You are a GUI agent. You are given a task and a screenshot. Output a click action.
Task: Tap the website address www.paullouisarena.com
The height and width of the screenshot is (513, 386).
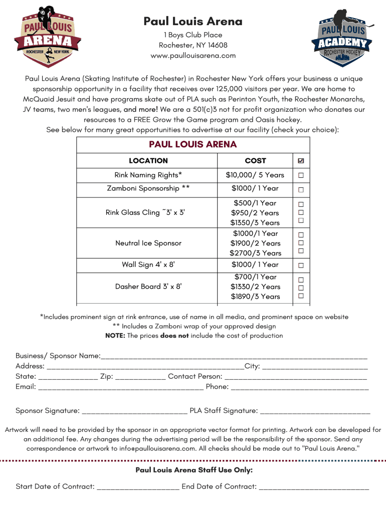click(x=193, y=56)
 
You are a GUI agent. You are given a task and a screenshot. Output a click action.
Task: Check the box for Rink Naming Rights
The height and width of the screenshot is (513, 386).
click(x=301, y=175)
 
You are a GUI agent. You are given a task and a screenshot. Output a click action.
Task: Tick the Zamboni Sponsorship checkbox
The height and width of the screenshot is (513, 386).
click(x=301, y=189)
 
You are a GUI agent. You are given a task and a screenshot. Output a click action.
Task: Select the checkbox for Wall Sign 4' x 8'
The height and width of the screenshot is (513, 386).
click(x=301, y=265)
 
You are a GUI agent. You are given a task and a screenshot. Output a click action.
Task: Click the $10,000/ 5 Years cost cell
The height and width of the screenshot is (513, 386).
click(x=255, y=175)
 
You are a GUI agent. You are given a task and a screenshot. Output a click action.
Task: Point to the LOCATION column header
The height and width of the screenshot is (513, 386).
click(x=148, y=161)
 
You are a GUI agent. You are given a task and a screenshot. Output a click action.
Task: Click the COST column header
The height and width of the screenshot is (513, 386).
click(x=255, y=161)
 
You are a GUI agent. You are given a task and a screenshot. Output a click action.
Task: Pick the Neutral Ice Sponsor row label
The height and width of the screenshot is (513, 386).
click(x=148, y=243)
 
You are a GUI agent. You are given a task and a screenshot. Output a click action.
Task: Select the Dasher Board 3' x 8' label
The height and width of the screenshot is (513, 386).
click(x=148, y=287)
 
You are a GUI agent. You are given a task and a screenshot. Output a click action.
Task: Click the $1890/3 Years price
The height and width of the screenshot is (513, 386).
click(x=255, y=297)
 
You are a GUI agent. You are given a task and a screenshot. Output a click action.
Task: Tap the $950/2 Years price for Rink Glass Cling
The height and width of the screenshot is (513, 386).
click(x=255, y=213)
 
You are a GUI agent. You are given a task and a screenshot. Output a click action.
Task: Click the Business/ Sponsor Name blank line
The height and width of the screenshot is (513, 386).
click(x=234, y=356)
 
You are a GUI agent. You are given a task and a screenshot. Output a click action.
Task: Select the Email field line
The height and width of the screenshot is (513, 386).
click(x=120, y=387)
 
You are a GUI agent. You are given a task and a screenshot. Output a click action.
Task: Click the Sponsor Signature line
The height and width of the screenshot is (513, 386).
click(x=134, y=411)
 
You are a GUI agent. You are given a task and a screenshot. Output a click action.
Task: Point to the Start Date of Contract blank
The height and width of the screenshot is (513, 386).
click(x=138, y=487)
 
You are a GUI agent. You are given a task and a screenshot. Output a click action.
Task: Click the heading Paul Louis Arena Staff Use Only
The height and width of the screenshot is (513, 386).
click(x=194, y=470)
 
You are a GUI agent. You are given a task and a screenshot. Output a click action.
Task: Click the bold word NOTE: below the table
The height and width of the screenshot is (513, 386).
click(x=115, y=336)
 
